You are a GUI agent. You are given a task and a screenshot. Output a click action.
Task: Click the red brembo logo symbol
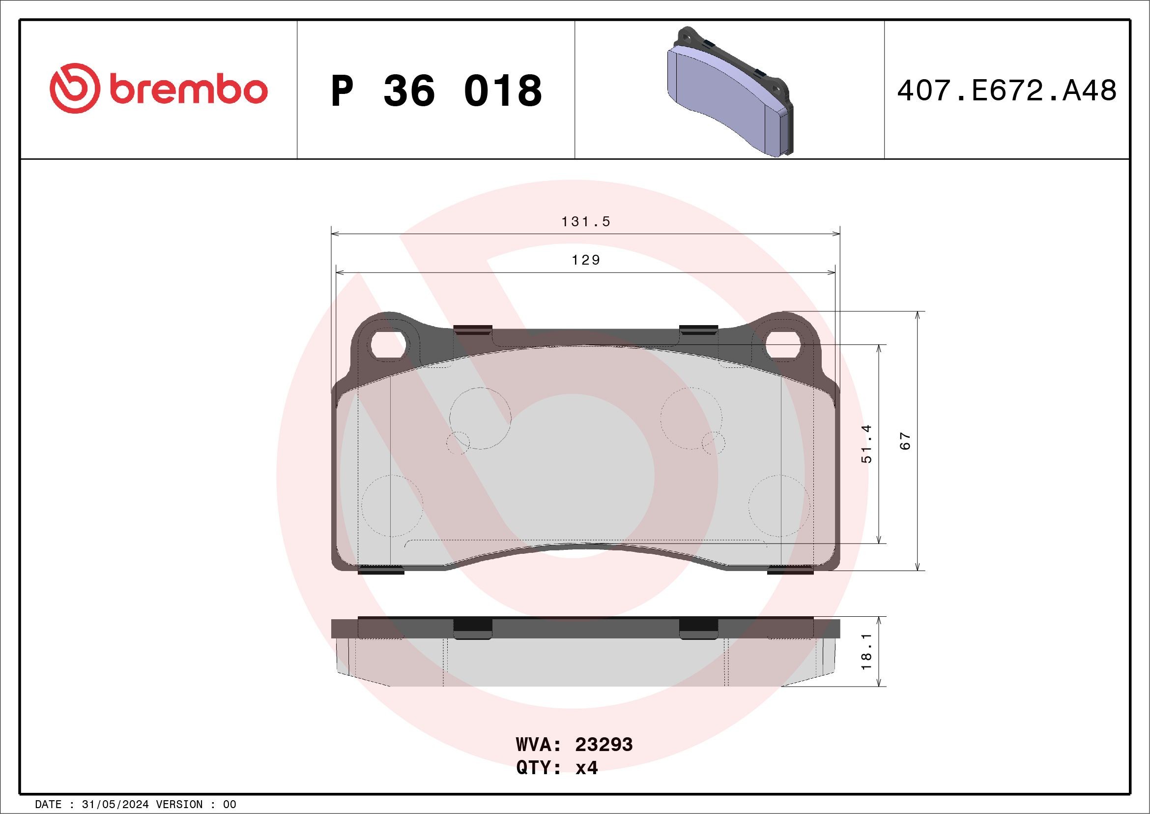[73, 88]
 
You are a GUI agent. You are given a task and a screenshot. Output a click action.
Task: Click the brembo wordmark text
[188, 90]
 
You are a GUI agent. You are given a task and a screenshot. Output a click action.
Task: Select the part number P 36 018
[436, 91]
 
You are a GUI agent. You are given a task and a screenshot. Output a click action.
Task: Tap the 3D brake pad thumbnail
[731, 91]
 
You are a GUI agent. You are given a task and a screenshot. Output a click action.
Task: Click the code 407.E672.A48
[1007, 91]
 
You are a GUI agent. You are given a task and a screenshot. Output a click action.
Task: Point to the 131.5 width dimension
[585, 221]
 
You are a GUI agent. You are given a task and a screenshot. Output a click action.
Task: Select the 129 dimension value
[585, 260]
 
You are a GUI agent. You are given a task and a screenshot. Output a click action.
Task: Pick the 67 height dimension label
[905, 441]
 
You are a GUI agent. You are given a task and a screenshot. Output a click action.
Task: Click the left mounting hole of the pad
[389, 344]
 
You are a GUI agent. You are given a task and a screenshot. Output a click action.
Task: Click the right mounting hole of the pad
[783, 344]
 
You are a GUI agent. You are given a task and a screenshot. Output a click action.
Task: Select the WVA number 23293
[604, 745]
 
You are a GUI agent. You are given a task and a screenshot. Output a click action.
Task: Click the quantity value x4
[586, 768]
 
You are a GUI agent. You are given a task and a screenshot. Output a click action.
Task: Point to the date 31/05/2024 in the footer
[115, 805]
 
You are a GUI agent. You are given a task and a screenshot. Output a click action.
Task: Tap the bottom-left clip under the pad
[382, 570]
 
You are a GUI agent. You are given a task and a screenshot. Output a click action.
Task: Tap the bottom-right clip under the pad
[790, 570]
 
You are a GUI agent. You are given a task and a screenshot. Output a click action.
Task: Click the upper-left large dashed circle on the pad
[480, 418]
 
